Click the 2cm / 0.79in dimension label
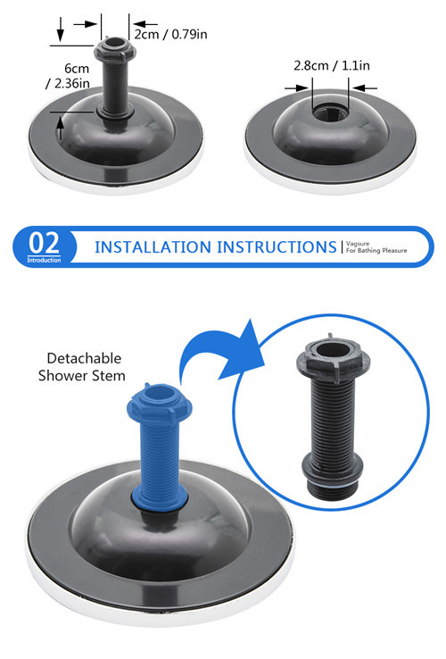[x=170, y=34]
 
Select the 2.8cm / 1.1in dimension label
[x=332, y=65]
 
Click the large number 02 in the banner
[x=44, y=243]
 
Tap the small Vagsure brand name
[x=358, y=244]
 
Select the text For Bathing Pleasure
[x=376, y=251]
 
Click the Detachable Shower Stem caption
[x=82, y=367]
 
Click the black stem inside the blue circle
[x=333, y=416]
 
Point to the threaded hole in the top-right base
[x=331, y=113]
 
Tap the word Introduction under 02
[x=44, y=260]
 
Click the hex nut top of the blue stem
[x=160, y=405]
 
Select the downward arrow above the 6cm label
[x=61, y=29]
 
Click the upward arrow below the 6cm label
[x=61, y=129]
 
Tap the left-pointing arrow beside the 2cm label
[x=145, y=24]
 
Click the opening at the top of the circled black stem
[x=333, y=349]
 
